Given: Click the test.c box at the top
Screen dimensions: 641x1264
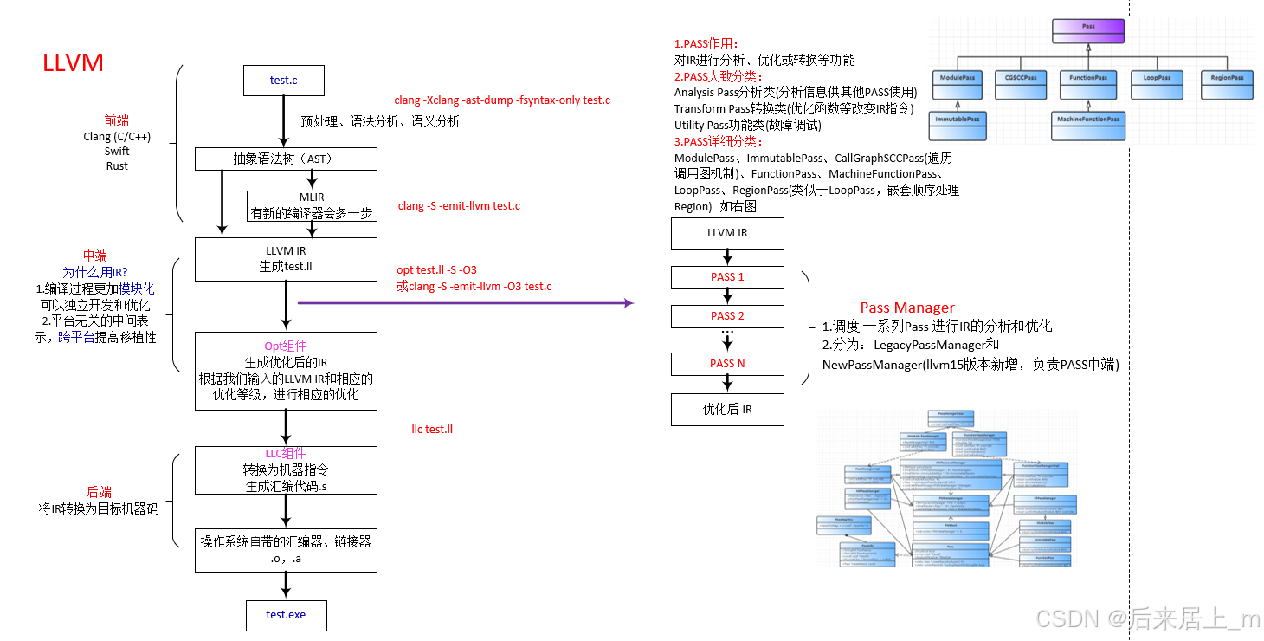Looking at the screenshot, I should (x=284, y=81).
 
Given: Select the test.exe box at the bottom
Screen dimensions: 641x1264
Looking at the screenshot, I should (x=286, y=615).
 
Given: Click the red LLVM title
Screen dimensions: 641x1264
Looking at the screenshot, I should (x=73, y=62).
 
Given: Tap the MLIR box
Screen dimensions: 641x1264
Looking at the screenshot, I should (x=312, y=205).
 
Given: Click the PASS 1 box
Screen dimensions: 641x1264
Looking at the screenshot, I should (x=727, y=277).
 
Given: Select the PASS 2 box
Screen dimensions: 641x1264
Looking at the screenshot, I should (x=727, y=316).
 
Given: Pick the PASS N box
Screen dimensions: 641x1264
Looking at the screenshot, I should (x=727, y=364).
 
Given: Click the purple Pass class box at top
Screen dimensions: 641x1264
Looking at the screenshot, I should (x=1088, y=32).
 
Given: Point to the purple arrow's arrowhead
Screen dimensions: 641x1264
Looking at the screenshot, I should (x=629, y=303).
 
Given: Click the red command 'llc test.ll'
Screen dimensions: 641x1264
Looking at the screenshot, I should (x=432, y=430).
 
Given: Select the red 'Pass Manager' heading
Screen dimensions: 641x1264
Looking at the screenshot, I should (x=907, y=308).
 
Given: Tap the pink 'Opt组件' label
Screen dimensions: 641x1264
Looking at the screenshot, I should (x=286, y=346).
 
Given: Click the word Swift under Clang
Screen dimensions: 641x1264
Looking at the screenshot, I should (x=117, y=152).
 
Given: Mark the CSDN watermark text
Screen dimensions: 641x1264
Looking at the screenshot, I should (x=1148, y=618).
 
